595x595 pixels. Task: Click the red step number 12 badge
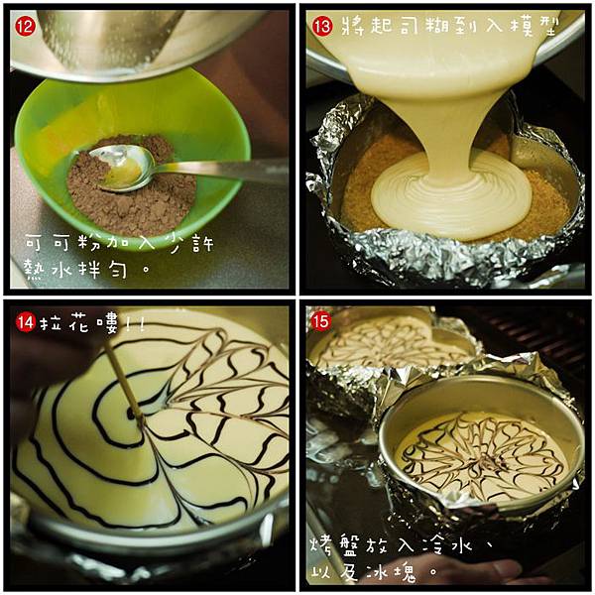click(26, 27)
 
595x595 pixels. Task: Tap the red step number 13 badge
click(322, 27)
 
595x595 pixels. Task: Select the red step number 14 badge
click(26, 323)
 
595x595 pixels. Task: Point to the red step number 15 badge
click(320, 322)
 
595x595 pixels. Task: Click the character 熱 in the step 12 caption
click(35, 269)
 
